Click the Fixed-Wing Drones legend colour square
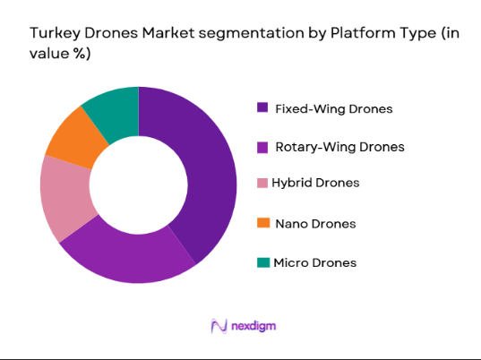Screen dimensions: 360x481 pyautogui.click(x=262, y=108)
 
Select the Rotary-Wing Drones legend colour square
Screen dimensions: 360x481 pyautogui.click(x=262, y=146)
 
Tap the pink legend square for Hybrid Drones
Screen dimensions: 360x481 pyautogui.click(x=262, y=183)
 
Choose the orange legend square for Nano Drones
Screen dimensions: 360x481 pyautogui.click(x=262, y=223)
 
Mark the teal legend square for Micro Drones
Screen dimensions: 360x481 pyautogui.click(x=262, y=262)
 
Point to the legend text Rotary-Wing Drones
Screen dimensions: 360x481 pyautogui.click(x=340, y=146)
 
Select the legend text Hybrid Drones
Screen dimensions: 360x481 pyautogui.click(x=315, y=183)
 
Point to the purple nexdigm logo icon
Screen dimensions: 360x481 pyautogui.click(x=217, y=325)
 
